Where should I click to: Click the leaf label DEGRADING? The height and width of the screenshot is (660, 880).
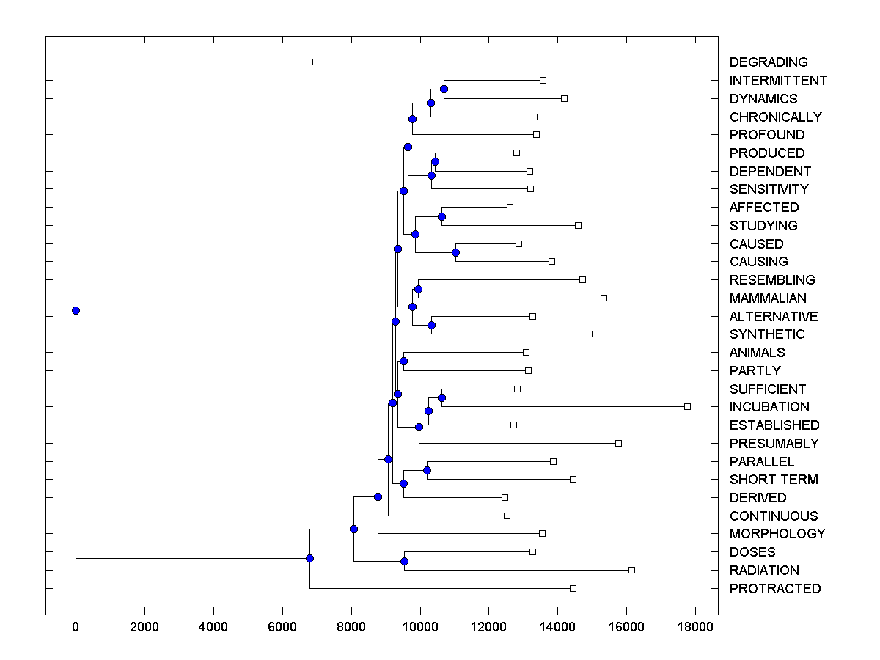[x=769, y=62]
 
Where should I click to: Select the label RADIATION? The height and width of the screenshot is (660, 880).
[x=764, y=571]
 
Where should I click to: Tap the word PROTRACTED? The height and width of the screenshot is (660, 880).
[x=775, y=589]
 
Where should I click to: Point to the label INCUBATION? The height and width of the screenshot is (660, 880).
[x=769, y=407]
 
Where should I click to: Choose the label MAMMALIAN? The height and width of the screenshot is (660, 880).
[x=768, y=298]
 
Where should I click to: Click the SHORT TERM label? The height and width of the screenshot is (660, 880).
[x=774, y=480]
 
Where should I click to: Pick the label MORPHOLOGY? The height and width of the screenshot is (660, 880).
[x=777, y=534]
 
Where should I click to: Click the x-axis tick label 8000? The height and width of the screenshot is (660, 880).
[x=351, y=627]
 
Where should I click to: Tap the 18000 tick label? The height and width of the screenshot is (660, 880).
[x=695, y=627]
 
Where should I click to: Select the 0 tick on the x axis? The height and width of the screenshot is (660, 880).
[x=76, y=627]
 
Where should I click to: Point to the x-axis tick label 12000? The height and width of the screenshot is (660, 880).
[x=489, y=627]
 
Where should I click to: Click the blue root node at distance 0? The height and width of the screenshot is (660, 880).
[x=76, y=310]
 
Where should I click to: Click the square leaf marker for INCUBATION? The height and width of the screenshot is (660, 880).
[x=687, y=406]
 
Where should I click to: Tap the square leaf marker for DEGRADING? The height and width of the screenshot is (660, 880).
[x=309, y=62]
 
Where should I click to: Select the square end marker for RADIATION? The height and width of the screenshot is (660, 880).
[x=631, y=570]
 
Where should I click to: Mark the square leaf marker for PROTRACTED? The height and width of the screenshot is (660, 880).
[x=573, y=588]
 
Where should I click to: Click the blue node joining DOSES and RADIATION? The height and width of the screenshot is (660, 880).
[x=404, y=561]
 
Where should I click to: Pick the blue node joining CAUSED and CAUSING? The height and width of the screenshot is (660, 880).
[x=455, y=252]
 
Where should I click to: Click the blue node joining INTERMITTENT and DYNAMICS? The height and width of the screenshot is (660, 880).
[x=444, y=89]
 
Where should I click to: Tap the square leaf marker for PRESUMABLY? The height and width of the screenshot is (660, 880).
[x=618, y=443]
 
